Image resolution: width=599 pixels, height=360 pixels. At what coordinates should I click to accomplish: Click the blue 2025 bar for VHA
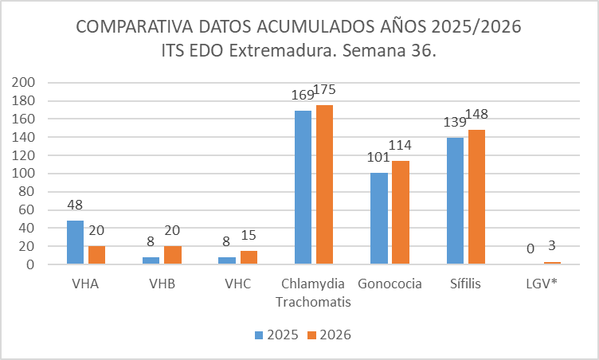pyautogui.click(x=75, y=242)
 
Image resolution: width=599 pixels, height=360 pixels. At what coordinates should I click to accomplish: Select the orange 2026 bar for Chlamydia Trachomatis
pyautogui.click(x=325, y=185)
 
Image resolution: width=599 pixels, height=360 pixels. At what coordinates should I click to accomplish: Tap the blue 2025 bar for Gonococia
pyautogui.click(x=379, y=218)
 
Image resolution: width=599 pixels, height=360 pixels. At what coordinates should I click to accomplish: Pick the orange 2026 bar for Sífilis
pyautogui.click(x=477, y=197)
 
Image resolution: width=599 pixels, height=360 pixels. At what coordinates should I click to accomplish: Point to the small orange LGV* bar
pyautogui.click(x=552, y=263)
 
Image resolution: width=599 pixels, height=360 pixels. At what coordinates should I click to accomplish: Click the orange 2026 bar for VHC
pyautogui.click(x=249, y=257)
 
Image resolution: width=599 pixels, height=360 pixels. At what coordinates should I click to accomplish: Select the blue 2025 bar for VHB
pyautogui.click(x=151, y=260)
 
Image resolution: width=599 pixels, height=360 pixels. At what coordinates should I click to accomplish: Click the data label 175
pyautogui.click(x=324, y=90)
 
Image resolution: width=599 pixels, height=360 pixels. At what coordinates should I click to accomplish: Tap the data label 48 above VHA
pyautogui.click(x=75, y=205)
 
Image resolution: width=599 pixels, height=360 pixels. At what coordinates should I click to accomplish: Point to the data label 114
pyautogui.click(x=400, y=145)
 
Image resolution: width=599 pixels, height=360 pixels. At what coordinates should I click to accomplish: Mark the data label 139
pyautogui.click(x=455, y=123)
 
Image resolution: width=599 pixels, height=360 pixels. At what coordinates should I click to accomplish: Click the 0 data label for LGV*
pyautogui.click(x=530, y=248)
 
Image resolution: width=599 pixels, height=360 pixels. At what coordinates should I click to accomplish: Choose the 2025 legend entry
pyautogui.click(x=276, y=335)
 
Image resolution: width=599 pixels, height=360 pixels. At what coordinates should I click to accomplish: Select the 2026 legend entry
pyautogui.click(x=329, y=335)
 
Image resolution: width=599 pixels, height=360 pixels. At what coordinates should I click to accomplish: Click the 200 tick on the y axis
pyautogui.click(x=23, y=82)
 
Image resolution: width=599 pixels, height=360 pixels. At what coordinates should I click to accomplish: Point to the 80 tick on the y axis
pyautogui.click(x=27, y=191)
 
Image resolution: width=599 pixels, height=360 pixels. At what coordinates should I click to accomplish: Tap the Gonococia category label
pyautogui.click(x=390, y=284)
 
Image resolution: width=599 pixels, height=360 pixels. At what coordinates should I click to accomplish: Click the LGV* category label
pyautogui.click(x=542, y=284)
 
